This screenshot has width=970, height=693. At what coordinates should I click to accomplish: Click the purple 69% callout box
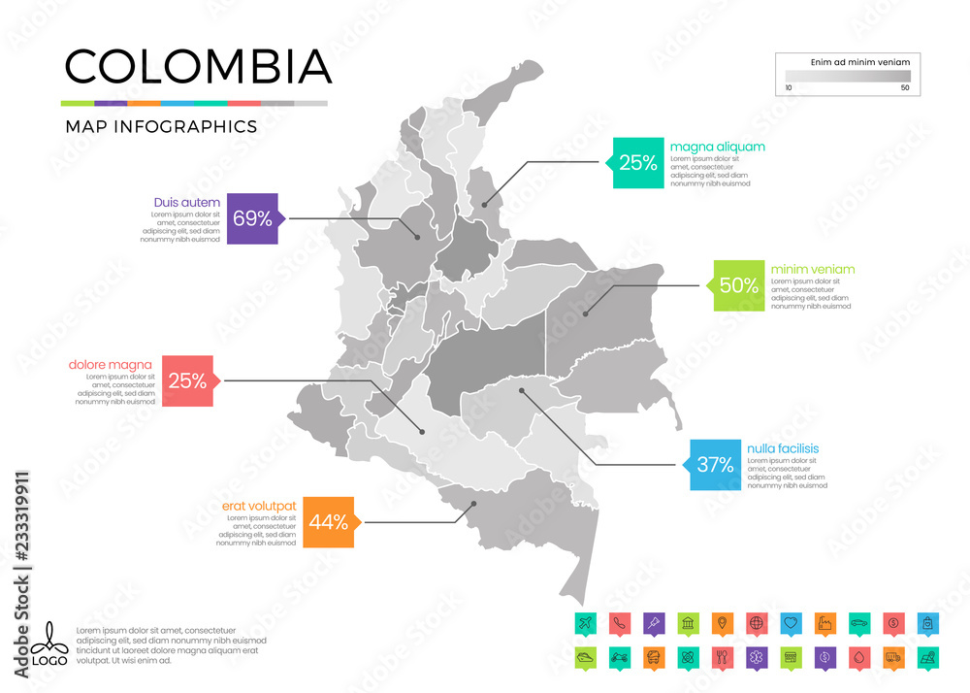point(252,218)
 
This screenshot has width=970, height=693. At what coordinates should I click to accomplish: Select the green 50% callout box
point(739,285)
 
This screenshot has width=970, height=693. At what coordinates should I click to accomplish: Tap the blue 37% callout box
point(715,465)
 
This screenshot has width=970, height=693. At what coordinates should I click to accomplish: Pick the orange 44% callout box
point(329,522)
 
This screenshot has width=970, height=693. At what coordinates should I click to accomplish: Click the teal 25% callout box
point(637,162)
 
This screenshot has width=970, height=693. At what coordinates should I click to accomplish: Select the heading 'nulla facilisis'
point(783,448)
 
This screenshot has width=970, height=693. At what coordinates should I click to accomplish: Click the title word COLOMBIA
point(198,66)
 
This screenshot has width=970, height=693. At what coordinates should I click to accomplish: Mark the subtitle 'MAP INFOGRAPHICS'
point(161,126)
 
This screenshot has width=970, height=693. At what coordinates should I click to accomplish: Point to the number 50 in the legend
point(904,88)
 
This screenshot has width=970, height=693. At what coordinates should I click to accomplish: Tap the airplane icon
point(584,621)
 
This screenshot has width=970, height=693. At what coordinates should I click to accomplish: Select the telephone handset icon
point(618,621)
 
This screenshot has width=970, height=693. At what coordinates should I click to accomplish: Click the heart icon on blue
point(791,621)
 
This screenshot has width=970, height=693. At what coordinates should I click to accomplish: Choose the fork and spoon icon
point(721,657)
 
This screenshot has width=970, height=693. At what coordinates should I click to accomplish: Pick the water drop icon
point(858,657)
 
